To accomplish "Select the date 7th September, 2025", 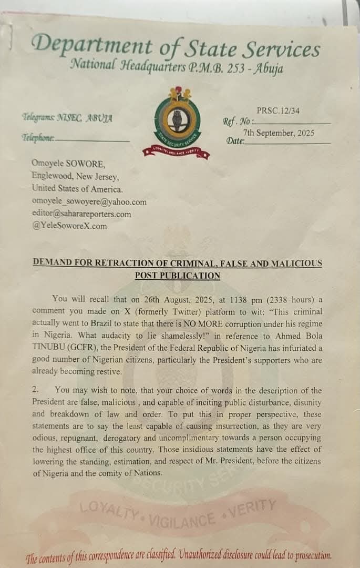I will point(278,134).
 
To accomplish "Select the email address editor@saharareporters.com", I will point(81,214).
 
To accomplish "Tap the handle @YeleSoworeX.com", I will point(69,226).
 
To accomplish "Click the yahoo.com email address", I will point(89,202).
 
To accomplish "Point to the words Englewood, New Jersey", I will point(75,176).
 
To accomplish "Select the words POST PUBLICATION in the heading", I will point(177,275).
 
